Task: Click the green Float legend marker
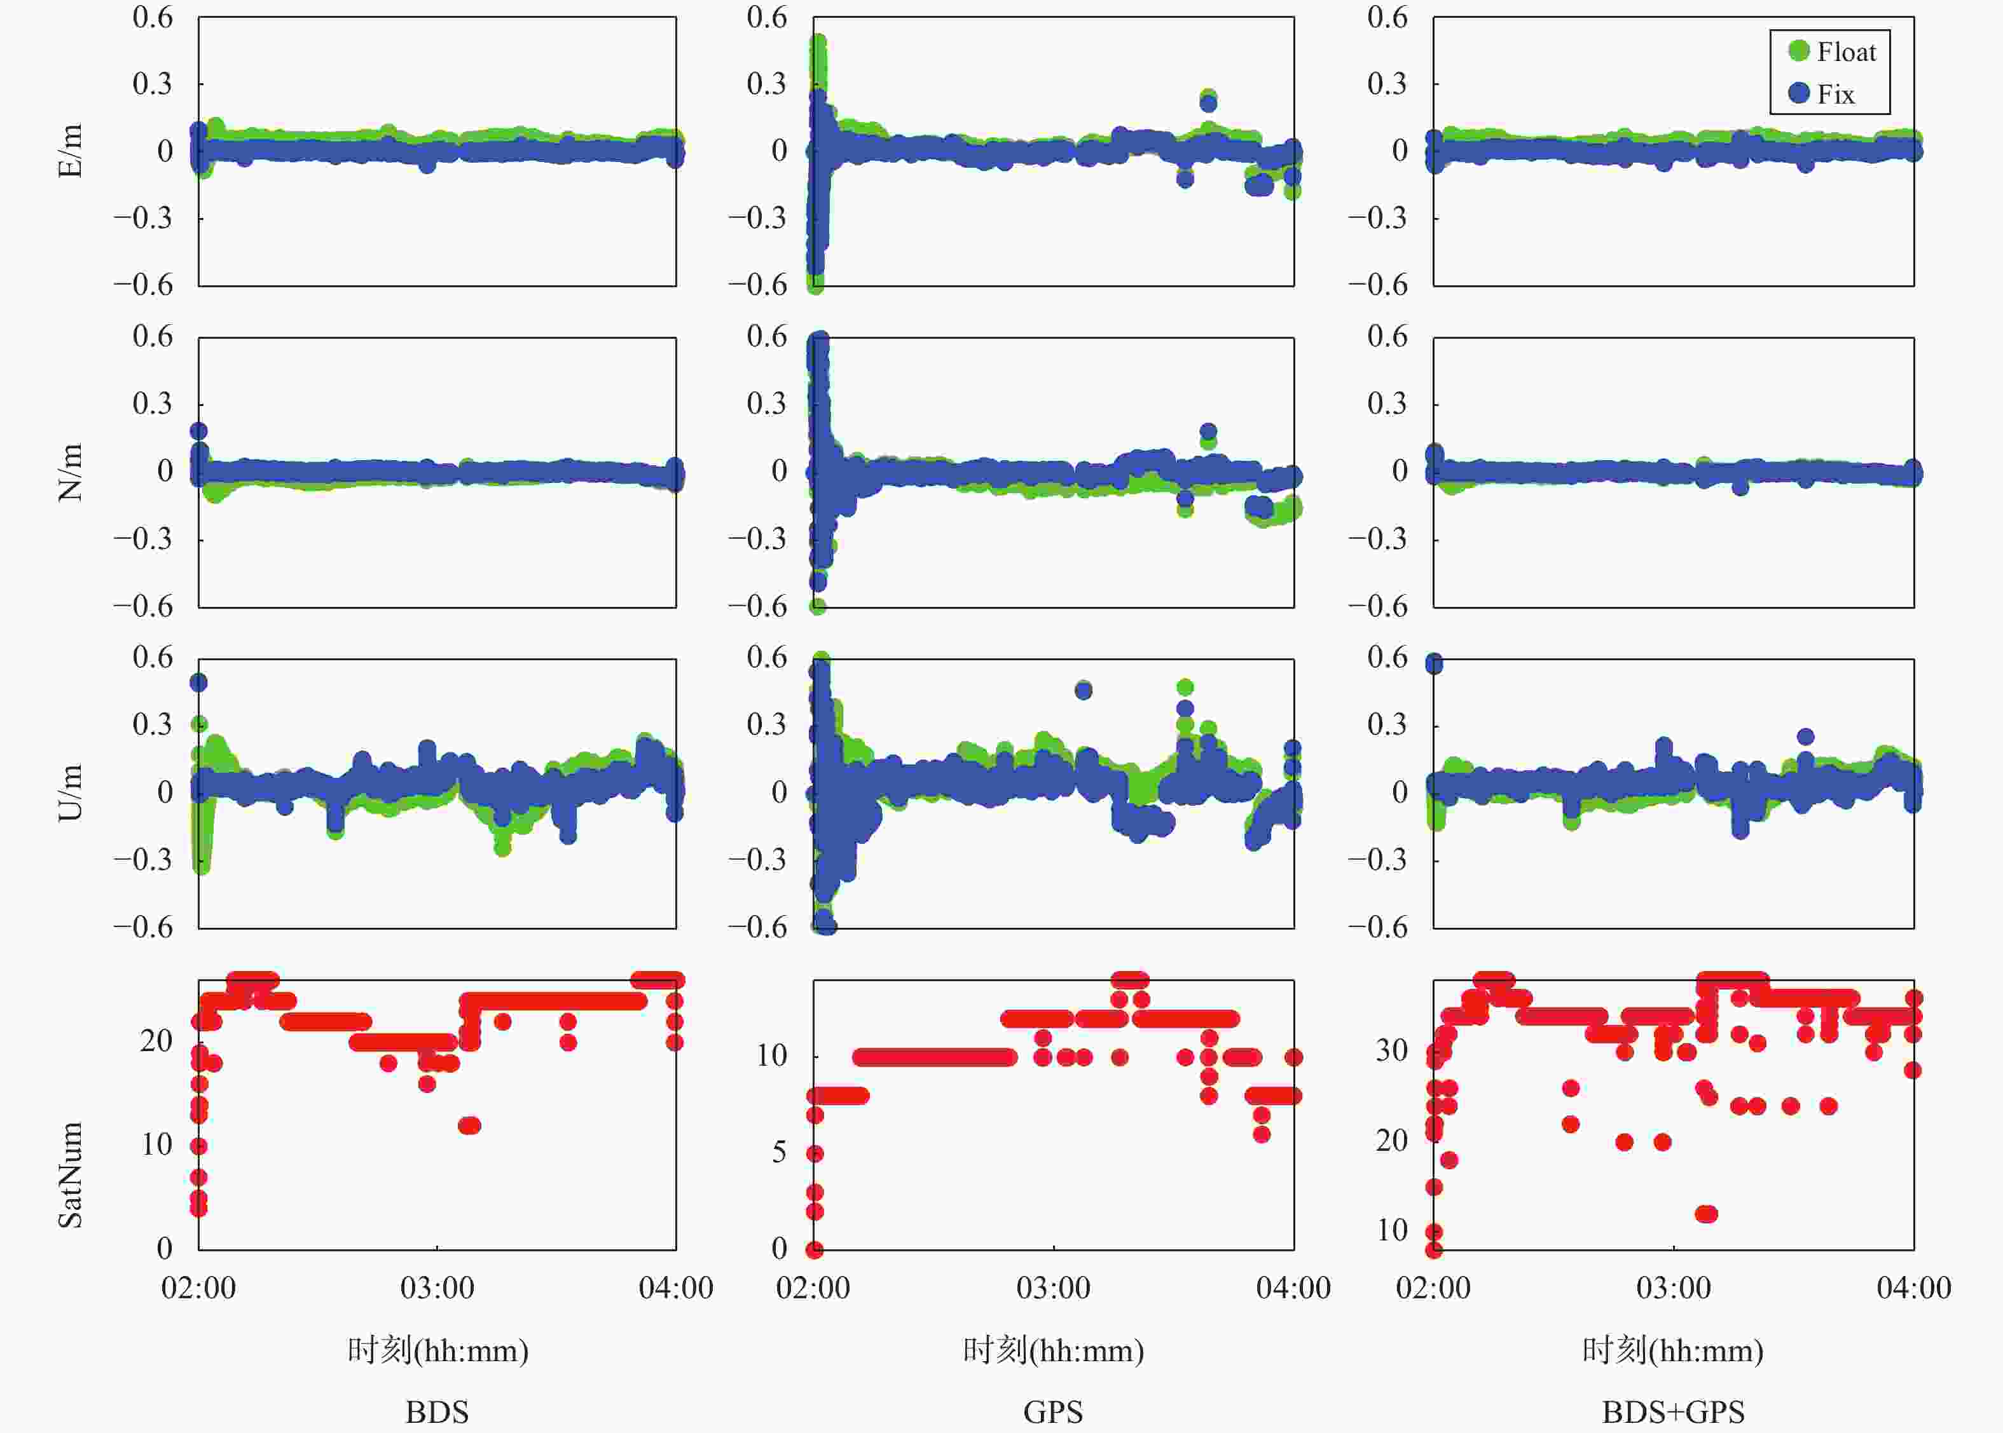1798,51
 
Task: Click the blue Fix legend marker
1798,93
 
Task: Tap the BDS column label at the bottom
437,1412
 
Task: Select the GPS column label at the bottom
1053,1412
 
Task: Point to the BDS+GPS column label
1673,1412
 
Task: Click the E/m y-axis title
71,151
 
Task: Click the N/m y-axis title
71,472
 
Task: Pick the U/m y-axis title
71,792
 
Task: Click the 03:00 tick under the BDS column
437,1287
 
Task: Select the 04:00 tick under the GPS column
1293,1287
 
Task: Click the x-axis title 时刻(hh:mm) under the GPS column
1053,1350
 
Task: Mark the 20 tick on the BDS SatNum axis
156,1041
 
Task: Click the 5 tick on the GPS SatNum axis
778,1152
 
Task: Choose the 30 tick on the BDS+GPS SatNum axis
1391,1050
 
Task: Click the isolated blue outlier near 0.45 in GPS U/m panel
1083,690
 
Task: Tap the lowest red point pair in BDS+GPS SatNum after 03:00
1707,1214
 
